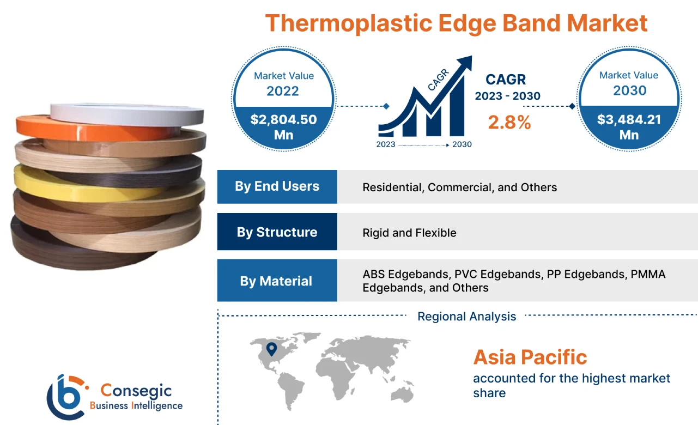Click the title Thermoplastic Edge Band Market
point(456,23)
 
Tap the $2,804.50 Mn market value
point(283,126)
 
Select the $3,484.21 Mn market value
point(629,126)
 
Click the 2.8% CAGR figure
point(509,123)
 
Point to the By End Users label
point(277,186)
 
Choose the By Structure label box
point(277,232)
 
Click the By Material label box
point(277,281)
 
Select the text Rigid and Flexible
point(409,233)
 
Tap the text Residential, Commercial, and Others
point(459,187)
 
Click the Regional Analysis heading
point(466,317)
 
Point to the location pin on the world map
point(271,349)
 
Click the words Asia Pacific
point(530,357)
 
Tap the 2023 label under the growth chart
point(386,144)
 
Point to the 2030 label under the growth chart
point(462,144)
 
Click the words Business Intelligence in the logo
point(136,406)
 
